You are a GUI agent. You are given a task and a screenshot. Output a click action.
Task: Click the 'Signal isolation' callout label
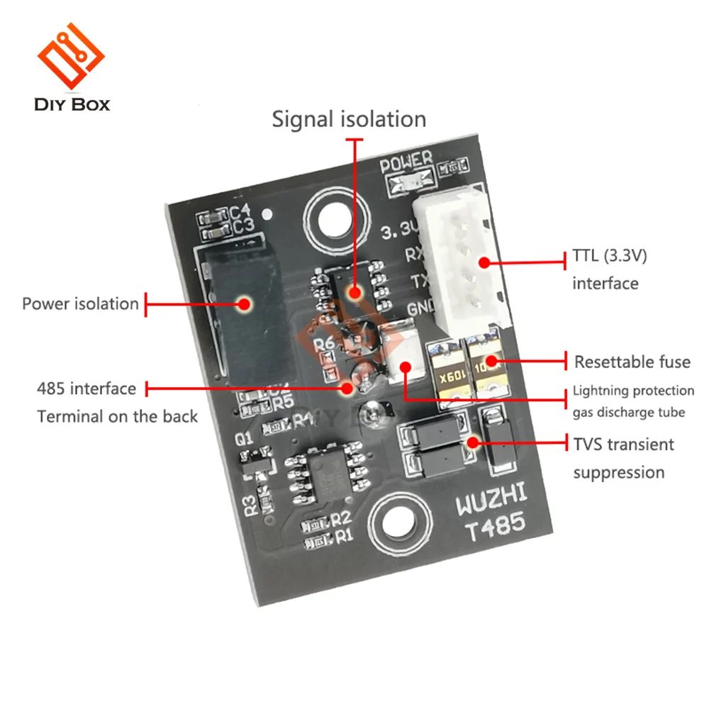(349, 119)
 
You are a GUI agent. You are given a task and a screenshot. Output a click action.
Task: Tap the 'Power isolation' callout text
(80, 304)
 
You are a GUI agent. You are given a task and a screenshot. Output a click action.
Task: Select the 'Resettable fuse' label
(632, 362)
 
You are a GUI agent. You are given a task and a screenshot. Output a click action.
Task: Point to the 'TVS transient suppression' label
(623, 458)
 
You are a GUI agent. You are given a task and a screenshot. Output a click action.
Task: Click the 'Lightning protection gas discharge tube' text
(633, 401)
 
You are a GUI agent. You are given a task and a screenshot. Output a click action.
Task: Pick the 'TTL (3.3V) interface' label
(609, 269)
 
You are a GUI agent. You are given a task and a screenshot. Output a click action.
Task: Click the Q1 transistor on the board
(255, 464)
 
